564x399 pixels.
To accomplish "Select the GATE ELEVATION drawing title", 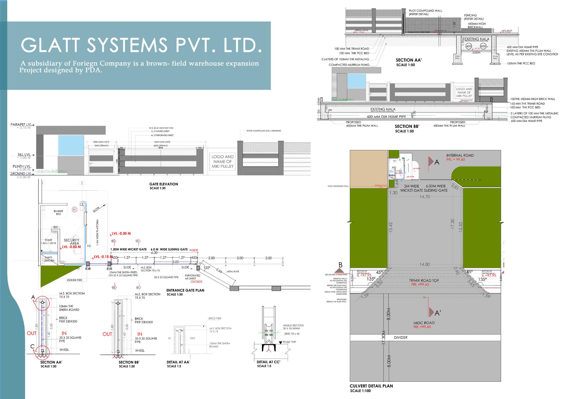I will click(164, 184).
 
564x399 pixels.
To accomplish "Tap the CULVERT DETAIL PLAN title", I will click(371, 386).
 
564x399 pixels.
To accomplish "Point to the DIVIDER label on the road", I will click(400, 338).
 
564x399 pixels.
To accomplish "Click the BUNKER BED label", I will click(58, 213).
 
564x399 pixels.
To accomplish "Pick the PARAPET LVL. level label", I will click(21, 125).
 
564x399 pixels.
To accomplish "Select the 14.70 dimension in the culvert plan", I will click(425, 196).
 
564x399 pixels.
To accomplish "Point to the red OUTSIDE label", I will click(197, 281).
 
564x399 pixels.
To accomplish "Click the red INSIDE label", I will click(194, 250).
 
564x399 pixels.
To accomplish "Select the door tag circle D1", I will click(74, 209).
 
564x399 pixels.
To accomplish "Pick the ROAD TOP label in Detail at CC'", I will click(290, 342).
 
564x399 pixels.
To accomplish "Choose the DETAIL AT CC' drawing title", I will click(268, 362).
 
